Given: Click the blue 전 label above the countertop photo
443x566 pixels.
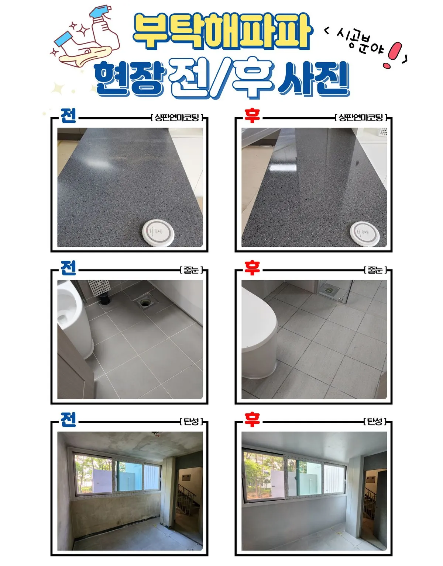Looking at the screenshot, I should (x=69, y=115).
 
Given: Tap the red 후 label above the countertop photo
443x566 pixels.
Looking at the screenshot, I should (x=252, y=115).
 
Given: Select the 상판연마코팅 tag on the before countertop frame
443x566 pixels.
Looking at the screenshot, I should (x=177, y=118).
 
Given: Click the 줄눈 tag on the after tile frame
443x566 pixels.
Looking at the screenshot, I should (x=375, y=270).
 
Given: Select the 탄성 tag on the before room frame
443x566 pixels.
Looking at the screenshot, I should (x=191, y=421).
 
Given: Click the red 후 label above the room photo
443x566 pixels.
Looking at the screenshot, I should (x=252, y=420).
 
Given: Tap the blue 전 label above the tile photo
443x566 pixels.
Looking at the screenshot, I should (x=69, y=268).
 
